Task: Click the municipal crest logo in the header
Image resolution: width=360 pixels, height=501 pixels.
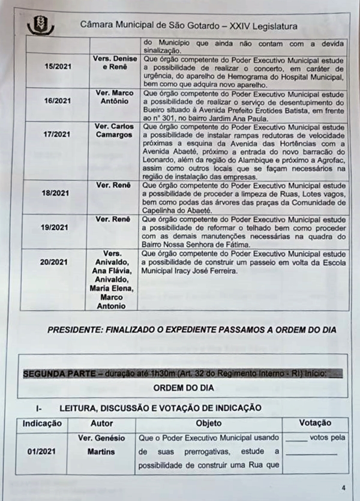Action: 41,25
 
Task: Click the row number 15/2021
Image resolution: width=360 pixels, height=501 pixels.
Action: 58,66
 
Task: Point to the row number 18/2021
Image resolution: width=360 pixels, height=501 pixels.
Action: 58,194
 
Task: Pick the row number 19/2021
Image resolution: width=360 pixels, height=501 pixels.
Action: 58,228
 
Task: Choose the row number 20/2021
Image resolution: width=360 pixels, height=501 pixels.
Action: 58,262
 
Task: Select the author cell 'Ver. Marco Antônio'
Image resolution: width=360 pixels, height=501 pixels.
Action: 114,97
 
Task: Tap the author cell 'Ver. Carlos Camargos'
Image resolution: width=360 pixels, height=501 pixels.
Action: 114,131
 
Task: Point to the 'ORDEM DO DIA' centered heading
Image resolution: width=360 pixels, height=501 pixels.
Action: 184,388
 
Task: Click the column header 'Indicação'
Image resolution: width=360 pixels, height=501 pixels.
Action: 42,423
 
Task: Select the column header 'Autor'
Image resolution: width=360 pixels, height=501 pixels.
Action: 101,423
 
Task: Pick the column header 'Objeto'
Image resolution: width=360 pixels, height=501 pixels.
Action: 208,423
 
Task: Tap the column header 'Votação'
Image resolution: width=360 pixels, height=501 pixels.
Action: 315,423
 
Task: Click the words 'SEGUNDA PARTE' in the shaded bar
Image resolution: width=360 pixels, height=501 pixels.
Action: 51,373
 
